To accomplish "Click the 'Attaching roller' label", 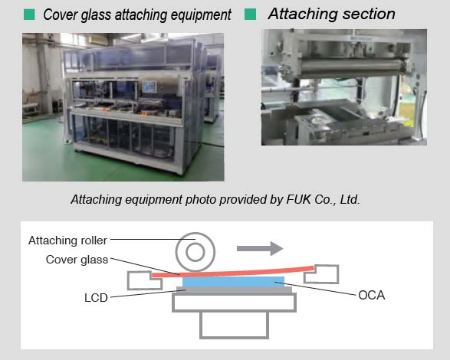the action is click(x=67, y=241).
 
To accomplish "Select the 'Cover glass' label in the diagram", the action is click(x=77, y=260).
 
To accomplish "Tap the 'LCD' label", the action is click(x=96, y=298).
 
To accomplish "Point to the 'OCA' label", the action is click(x=371, y=295).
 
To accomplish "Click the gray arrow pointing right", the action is click(x=260, y=248).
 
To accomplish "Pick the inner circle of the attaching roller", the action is click(x=195, y=253).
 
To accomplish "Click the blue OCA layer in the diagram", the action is click(x=233, y=282).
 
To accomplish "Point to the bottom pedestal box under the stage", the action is click(x=234, y=325).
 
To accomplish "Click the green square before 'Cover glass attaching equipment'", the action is click(x=29, y=15).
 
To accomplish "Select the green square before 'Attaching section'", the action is click(x=250, y=14).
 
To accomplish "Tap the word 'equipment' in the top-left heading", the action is click(x=201, y=15).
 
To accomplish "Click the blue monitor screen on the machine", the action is click(x=149, y=87).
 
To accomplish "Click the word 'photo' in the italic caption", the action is click(x=201, y=200).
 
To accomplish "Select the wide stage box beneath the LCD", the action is click(x=234, y=303).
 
